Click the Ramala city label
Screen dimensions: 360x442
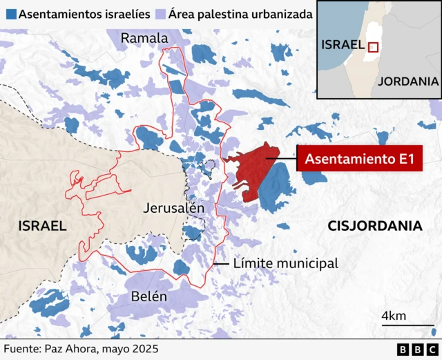144,38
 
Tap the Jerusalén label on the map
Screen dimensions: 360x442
174,207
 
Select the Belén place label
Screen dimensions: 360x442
148,296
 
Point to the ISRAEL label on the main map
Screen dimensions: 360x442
42,225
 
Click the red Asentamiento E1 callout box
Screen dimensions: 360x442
359,160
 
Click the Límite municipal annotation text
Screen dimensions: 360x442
285,263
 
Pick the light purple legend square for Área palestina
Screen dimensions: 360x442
160,14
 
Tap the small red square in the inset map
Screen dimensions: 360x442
373,47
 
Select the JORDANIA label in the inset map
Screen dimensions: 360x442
407,81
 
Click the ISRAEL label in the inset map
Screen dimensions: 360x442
343,44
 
